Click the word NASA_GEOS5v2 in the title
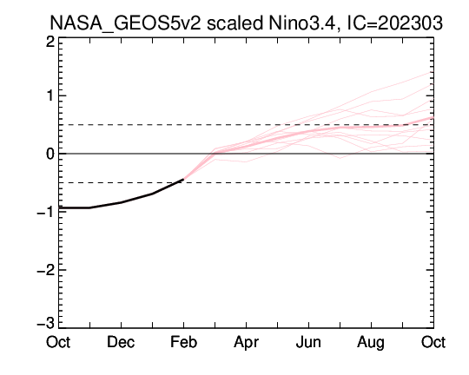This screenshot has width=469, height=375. [125, 23]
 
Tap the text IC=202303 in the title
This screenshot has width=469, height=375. [394, 23]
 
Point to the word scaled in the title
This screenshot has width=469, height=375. [234, 23]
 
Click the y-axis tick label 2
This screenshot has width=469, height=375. [50, 42]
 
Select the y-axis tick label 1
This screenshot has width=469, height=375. [51, 95]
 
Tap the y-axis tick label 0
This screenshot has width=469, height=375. [50, 154]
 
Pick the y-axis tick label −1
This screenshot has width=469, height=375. [46, 212]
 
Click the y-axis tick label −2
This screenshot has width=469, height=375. [46, 270]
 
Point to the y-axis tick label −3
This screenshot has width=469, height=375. [46, 323]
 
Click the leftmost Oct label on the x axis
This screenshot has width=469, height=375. [58, 342]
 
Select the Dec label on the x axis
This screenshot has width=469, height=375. [121, 342]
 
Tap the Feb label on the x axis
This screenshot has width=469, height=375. [183, 342]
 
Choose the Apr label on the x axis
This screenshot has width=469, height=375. [246, 343]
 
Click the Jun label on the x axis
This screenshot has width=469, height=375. [308, 342]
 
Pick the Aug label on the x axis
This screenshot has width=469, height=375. [371, 343]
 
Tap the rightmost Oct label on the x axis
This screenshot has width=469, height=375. [433, 342]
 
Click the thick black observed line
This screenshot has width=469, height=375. [121, 202]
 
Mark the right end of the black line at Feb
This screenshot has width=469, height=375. [183, 179]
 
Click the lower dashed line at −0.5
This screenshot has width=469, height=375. [246, 182]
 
